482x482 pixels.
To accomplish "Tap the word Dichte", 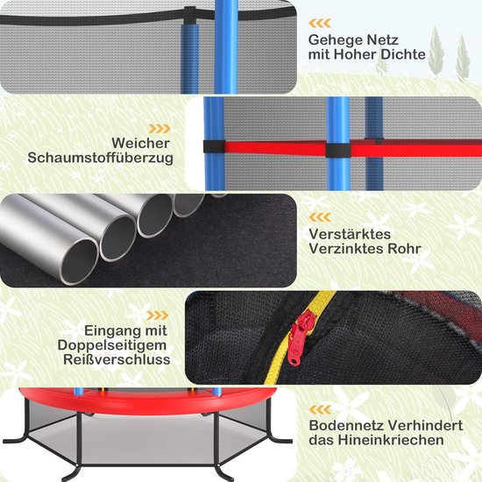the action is point(403,54).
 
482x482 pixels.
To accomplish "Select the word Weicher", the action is point(141,143).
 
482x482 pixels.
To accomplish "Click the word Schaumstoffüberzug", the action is point(100,158).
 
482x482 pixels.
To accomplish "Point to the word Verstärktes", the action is point(350,234).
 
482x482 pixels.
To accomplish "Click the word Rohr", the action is point(404,249).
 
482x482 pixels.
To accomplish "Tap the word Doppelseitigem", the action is point(112,345).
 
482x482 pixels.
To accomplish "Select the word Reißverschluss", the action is point(117,359).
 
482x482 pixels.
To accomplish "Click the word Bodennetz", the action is point(346,425).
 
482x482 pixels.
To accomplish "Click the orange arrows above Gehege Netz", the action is point(320,23).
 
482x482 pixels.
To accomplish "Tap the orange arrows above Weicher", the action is point(159,129).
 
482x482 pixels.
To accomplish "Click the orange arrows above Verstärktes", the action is point(320,217).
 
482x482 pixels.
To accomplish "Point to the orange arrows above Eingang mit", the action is point(158,315).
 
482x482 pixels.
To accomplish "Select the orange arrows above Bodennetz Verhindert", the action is point(320,410).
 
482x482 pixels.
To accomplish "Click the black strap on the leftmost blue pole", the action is point(214,147).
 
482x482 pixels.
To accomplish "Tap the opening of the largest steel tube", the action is point(79,261).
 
